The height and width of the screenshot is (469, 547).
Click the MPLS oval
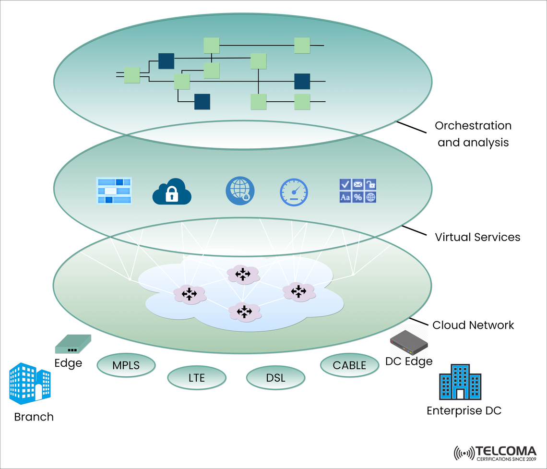[126, 365]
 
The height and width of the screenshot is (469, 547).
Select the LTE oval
[196, 378]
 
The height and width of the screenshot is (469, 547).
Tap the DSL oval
[275, 378]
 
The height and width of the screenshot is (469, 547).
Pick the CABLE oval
[349, 365]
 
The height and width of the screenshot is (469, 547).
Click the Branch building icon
[30, 384]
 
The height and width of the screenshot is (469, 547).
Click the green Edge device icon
[73, 344]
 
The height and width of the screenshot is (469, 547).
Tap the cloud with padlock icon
[172, 192]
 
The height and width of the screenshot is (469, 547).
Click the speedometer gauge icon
[294, 192]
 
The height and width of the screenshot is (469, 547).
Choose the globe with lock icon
[240, 191]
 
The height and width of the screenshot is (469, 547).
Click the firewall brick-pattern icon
[114, 191]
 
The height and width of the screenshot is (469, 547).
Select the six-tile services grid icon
[358, 191]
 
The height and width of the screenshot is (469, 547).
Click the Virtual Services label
[477, 237]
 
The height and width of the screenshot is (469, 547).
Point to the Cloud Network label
[473, 325]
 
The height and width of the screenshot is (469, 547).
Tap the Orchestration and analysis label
[473, 134]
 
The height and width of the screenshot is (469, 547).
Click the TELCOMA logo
[495, 453]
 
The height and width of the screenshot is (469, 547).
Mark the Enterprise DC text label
[464, 410]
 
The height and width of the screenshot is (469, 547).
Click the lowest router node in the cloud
[245, 312]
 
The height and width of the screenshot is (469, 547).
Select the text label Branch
[34, 417]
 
